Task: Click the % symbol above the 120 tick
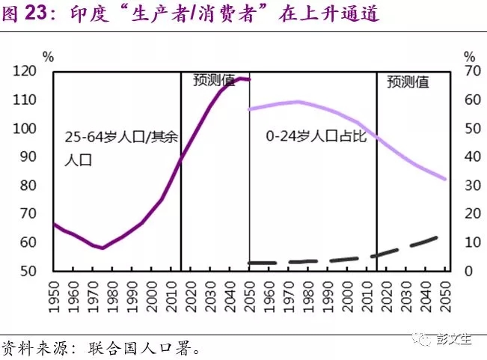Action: (49, 57)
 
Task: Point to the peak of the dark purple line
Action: (242, 78)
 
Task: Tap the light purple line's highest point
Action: (298, 102)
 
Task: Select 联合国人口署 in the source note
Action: (131, 348)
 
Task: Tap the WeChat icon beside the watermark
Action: (426, 339)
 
